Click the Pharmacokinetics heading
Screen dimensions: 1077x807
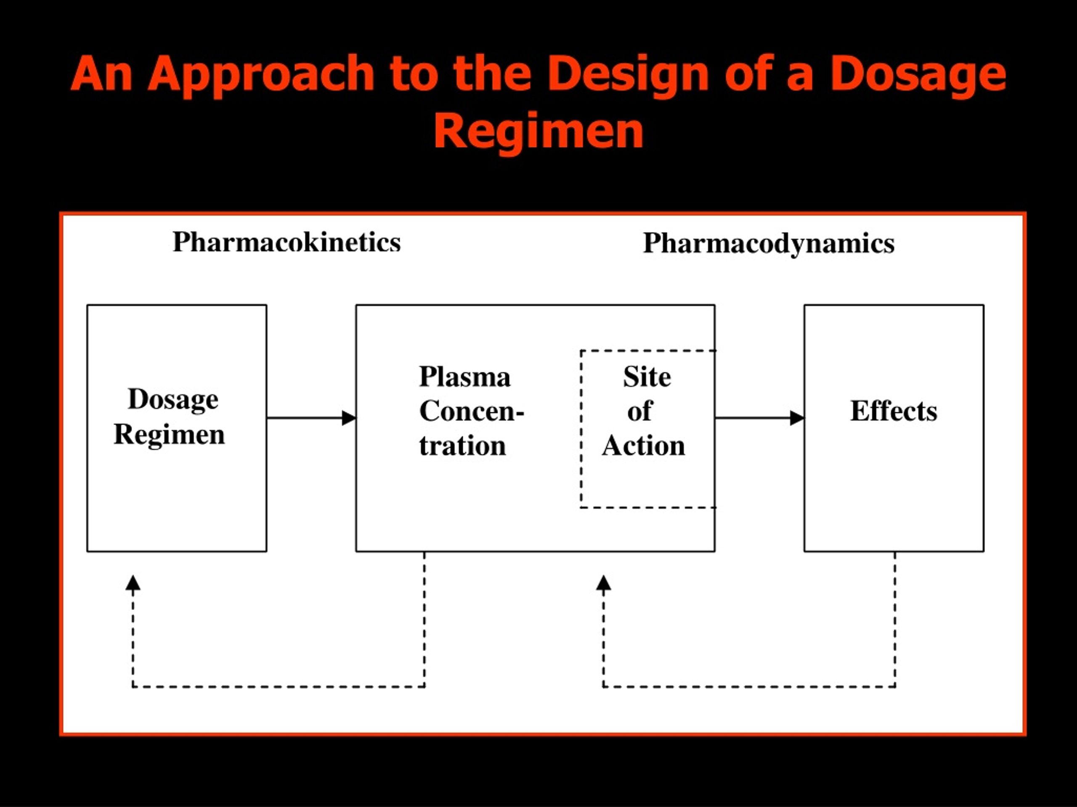pos(286,242)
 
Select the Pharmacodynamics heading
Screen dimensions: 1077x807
pos(768,243)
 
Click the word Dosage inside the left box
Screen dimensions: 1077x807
pos(173,400)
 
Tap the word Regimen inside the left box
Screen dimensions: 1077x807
pos(169,434)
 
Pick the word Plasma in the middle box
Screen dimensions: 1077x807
pos(464,377)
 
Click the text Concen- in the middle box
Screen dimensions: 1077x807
pos(471,411)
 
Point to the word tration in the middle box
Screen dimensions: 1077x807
pos(462,446)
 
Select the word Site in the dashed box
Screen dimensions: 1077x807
pos(647,377)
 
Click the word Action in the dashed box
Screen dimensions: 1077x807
pos(643,446)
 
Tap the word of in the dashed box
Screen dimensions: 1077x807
pos(639,411)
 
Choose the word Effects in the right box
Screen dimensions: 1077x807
pos(894,411)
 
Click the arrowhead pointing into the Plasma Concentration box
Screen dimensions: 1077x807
pos(349,418)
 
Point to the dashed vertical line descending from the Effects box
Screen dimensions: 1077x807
pos(895,619)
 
